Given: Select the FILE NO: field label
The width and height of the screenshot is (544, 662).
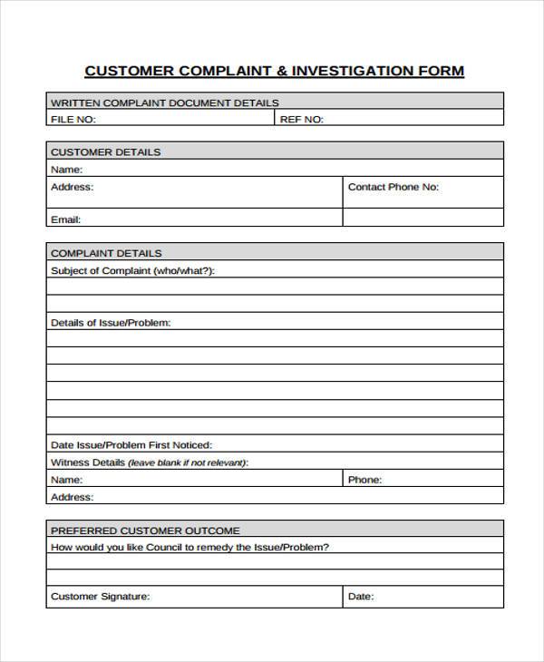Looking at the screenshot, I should coord(73,119).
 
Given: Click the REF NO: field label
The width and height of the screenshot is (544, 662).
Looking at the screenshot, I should coord(302,119).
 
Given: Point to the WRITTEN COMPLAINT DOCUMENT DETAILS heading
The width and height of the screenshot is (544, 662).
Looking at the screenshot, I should coord(165,102).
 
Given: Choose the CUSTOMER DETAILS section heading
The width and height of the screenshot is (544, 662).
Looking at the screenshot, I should coord(106,152).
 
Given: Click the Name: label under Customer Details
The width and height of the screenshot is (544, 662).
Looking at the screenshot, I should coord(67,170).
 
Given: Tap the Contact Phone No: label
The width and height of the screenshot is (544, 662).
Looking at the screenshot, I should coord(393,187).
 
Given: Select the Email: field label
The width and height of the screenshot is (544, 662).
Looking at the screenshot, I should coord(66,219).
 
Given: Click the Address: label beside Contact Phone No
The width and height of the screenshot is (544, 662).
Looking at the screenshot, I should coord(73,187).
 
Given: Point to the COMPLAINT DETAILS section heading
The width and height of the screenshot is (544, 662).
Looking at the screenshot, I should coord(107,253).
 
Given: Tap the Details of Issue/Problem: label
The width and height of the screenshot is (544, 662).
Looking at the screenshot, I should coord(111,322).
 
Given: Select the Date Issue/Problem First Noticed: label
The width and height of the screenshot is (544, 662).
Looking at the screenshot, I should coord(131,445).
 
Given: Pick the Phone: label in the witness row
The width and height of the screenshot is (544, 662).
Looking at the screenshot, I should coord(365,480).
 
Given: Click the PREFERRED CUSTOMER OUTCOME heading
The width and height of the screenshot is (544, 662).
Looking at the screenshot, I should coord(146,531).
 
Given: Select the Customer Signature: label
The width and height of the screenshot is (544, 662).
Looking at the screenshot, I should coord(101,597).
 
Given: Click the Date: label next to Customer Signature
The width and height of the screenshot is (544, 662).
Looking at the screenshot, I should coord(361,597).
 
